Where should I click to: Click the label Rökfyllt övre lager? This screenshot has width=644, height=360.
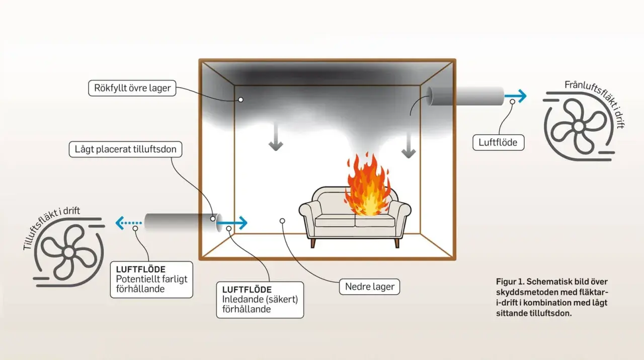(132, 88)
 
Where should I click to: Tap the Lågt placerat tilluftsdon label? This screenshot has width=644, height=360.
(125, 149)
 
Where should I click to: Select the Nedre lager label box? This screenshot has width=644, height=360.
(369, 287)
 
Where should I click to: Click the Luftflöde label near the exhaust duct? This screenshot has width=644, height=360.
(498, 142)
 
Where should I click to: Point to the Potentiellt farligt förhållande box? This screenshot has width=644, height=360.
(151, 279)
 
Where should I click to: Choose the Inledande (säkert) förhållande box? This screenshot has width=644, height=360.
(260, 300)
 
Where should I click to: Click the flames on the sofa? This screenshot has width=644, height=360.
(368, 186)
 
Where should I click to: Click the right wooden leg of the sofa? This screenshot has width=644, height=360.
(397, 243)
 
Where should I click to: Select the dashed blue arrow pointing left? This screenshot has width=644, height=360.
(128, 223)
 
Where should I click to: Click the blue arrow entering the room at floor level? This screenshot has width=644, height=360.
(233, 222)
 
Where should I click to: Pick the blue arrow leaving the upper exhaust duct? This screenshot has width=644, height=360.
(516, 96)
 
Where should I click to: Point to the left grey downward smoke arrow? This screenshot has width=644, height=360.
(276, 137)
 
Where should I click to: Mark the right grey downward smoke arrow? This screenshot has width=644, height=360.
(408, 144)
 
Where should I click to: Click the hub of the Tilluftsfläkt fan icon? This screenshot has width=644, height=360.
(69, 252)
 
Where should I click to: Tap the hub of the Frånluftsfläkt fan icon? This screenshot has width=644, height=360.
(579, 126)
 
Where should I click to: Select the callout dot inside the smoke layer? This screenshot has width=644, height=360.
(240, 100)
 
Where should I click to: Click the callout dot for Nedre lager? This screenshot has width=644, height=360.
(282, 221)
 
